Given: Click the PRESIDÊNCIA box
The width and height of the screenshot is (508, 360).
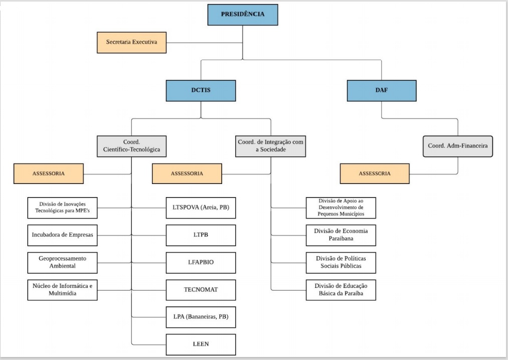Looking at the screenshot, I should pyautogui.click(x=243, y=15).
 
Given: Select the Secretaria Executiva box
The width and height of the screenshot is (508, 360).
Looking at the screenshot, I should pyautogui.click(x=132, y=43).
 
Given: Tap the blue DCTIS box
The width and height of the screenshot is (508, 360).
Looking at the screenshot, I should pyautogui.click(x=201, y=91).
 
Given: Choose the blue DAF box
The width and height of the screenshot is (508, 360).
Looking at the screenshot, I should pyautogui.click(x=381, y=91).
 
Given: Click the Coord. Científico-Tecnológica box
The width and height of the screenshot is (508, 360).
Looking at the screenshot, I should pyautogui.click(x=131, y=146).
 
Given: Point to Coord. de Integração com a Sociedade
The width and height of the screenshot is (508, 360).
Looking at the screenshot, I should pyautogui.click(x=270, y=146).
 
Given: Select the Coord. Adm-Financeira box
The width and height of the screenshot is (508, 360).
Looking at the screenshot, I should pyautogui.click(x=457, y=146).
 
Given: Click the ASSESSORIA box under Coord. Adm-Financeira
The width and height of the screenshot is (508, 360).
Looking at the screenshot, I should pyautogui.click(x=375, y=173).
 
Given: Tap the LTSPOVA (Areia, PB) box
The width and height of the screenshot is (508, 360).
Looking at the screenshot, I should pyautogui.click(x=201, y=208).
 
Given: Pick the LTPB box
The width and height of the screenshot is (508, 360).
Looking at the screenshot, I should pyautogui.click(x=201, y=235).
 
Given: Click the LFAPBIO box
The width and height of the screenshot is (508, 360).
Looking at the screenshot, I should pyautogui.click(x=201, y=262).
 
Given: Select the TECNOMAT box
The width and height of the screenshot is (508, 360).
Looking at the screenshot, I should pyautogui.click(x=201, y=290).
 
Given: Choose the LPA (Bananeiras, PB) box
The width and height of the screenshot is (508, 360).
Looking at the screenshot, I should pyautogui.click(x=201, y=317).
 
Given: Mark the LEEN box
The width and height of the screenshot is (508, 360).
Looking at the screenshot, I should pyautogui.click(x=201, y=344).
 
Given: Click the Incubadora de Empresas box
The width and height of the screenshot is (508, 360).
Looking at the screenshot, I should pyautogui.click(x=63, y=235).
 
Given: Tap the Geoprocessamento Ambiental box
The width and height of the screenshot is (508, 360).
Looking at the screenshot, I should pyautogui.click(x=63, y=262).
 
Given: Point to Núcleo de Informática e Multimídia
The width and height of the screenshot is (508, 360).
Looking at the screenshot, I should pyautogui.click(x=63, y=290).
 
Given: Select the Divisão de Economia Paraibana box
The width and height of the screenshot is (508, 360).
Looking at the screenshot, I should pyautogui.click(x=341, y=235).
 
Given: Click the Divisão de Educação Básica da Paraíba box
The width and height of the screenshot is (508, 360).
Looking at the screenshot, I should pyautogui.click(x=341, y=290).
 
